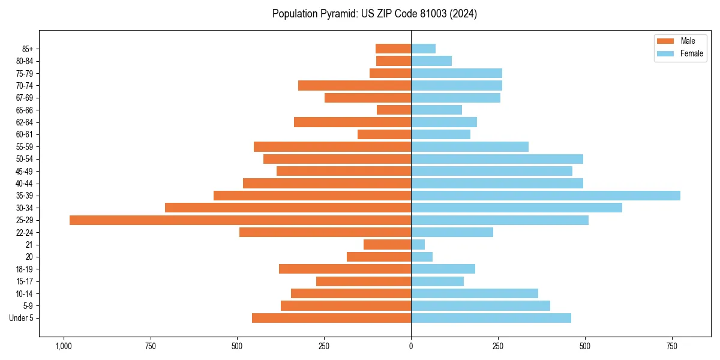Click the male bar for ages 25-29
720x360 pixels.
[x=240, y=220]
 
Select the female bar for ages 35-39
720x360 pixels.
[x=545, y=196]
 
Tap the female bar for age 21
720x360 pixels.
[x=418, y=244]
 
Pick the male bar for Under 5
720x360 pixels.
[x=331, y=318]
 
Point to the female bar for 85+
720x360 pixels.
[x=423, y=49]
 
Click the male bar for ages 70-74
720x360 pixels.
[x=355, y=85]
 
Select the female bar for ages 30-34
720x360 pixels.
[x=516, y=208]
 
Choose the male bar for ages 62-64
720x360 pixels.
[x=352, y=122]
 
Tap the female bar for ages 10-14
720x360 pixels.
[x=474, y=293]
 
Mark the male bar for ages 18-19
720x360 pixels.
[x=345, y=269]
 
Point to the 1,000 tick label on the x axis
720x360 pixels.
[x=63, y=346]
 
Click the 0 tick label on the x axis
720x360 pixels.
[x=411, y=346]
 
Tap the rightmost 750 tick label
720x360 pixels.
[x=672, y=346]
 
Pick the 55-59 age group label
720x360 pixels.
[x=25, y=146]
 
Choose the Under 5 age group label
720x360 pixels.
[x=21, y=318]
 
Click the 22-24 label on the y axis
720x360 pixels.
[x=25, y=232]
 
